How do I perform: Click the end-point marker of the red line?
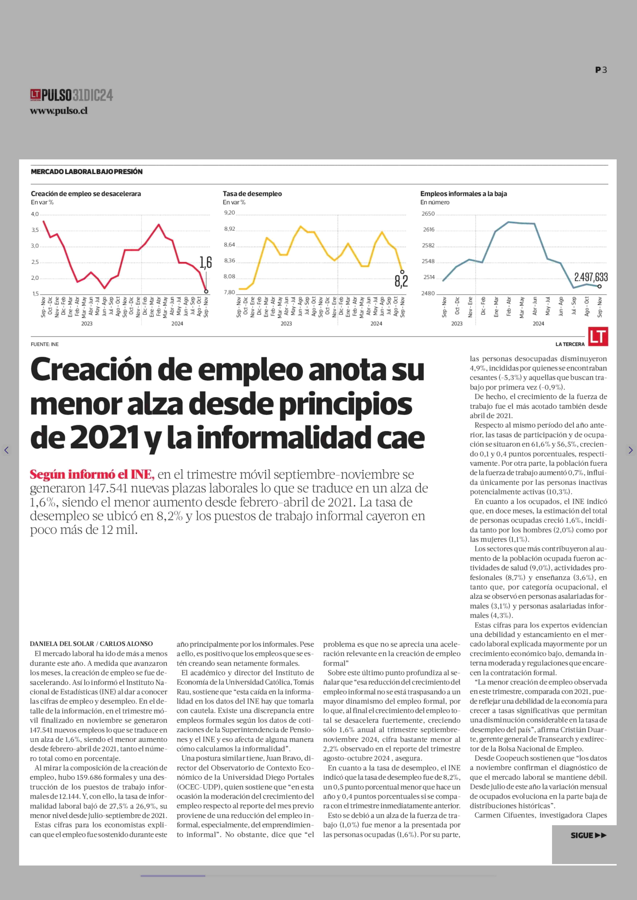[x=206, y=291]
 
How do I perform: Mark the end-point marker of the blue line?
[x=599, y=286]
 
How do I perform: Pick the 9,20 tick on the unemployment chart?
[x=230, y=213]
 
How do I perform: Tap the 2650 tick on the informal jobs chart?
[x=428, y=214]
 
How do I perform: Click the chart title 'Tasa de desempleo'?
[x=252, y=194]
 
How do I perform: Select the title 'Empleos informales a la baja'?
[x=464, y=194]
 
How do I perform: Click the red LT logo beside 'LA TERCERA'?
[x=598, y=337]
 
